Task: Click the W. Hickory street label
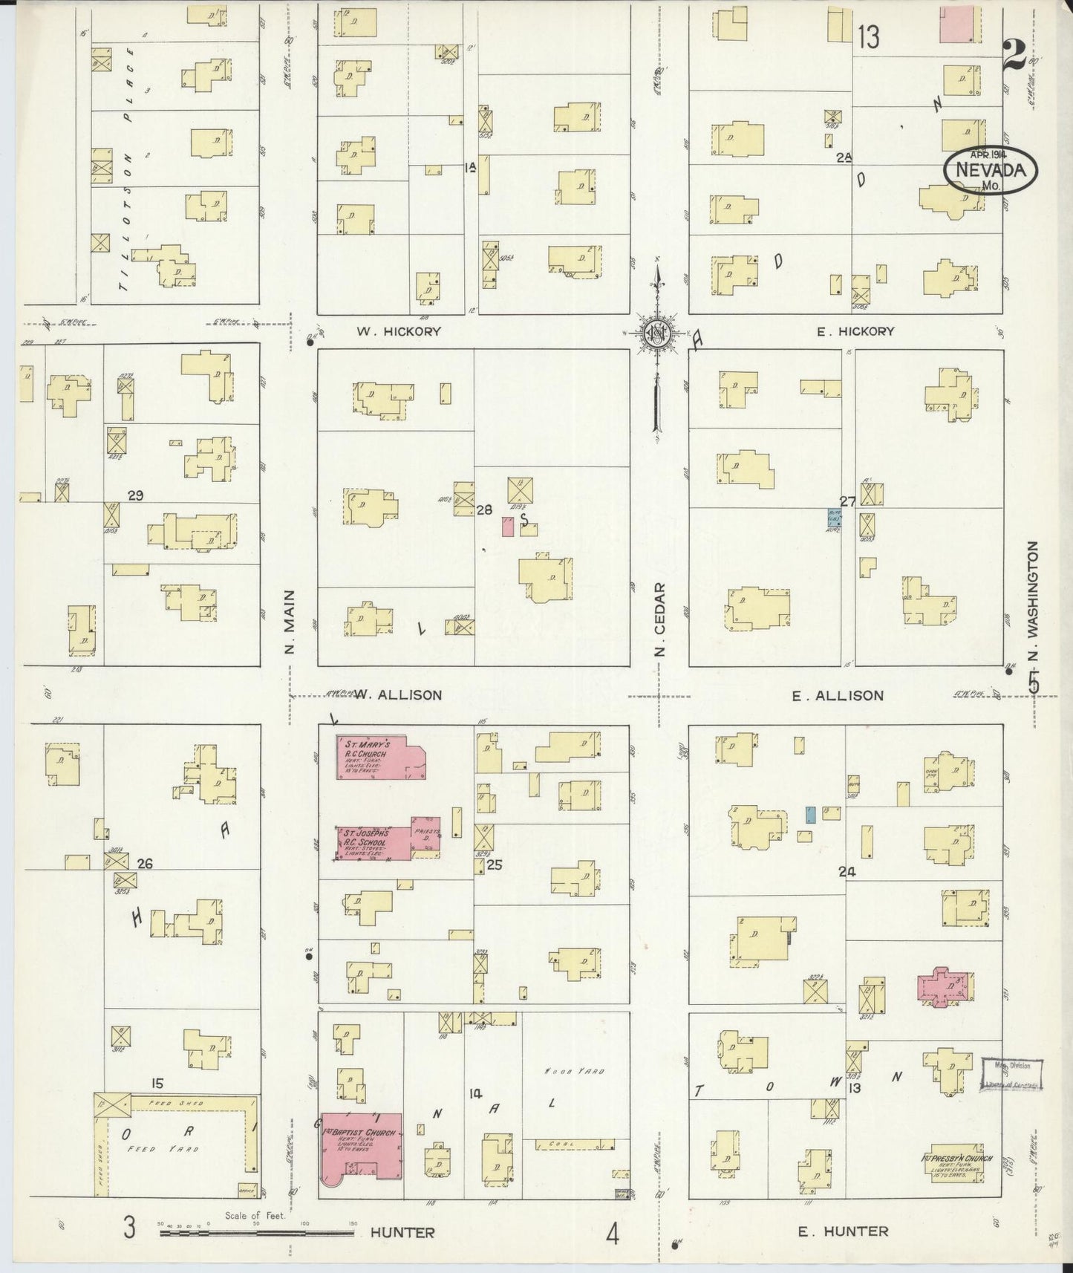(x=398, y=331)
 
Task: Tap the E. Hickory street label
(x=855, y=331)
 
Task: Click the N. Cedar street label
(x=660, y=619)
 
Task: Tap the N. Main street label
(x=290, y=622)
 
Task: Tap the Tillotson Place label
(x=128, y=167)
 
